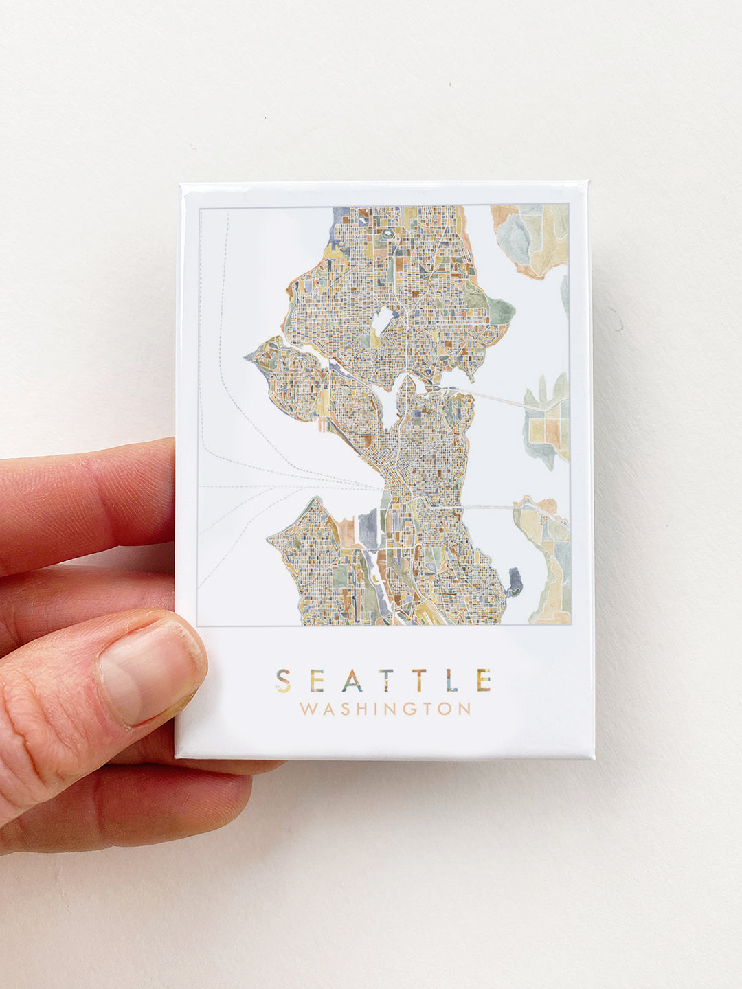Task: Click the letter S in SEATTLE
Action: pyautogui.click(x=283, y=680)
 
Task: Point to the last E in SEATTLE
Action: pyautogui.click(x=484, y=680)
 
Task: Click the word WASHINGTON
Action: pyautogui.click(x=385, y=708)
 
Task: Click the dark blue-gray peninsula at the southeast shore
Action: pyautogui.click(x=515, y=582)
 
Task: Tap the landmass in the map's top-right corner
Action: pyautogui.click(x=532, y=237)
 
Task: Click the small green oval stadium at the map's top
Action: pyautogui.click(x=387, y=234)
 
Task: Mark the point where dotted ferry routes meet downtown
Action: pyautogui.click(x=380, y=488)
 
